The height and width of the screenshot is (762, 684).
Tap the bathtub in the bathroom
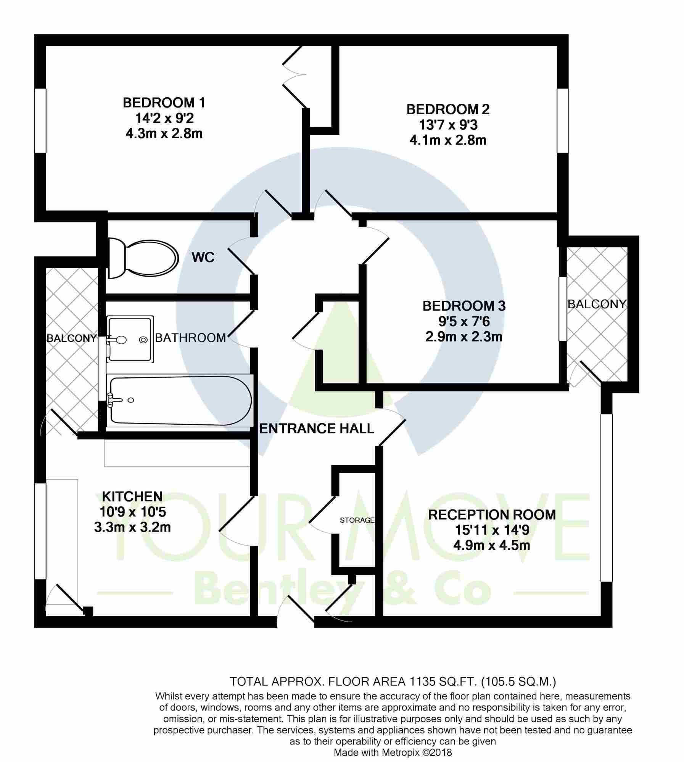pos(180,400)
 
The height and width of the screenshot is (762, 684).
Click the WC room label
pos(203,258)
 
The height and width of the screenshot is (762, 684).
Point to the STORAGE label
pos(357,520)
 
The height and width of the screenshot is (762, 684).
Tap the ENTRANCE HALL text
pos(317,429)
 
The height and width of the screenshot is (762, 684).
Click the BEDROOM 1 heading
pos(164,103)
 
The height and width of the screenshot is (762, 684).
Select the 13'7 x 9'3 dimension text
pos(448,125)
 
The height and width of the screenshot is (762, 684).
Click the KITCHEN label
pos(132,496)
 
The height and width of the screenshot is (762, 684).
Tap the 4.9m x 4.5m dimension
pos(492,545)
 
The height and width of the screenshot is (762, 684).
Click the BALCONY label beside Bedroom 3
pos(597,304)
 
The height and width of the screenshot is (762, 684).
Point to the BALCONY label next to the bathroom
pos(72,338)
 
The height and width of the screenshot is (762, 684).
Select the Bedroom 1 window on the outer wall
pos(40,121)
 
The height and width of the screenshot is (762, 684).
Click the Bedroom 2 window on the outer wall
pos(563,121)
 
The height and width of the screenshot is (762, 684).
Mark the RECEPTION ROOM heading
pos(492,515)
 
